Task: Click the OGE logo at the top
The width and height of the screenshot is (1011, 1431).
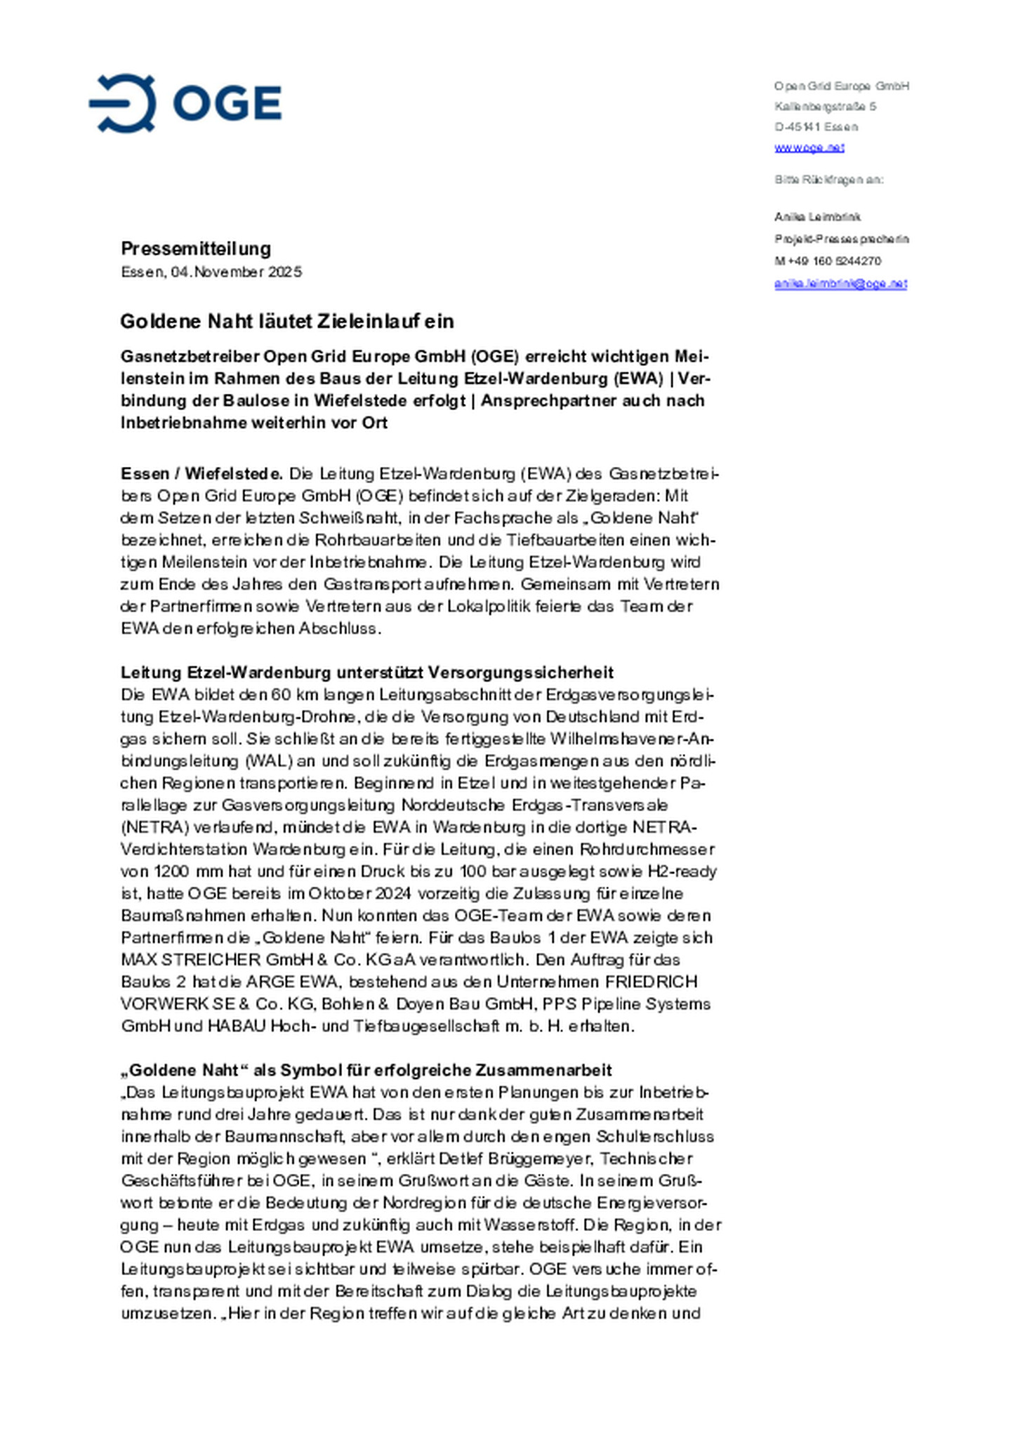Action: [x=185, y=103]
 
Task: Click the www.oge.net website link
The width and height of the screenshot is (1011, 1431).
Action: [x=809, y=147]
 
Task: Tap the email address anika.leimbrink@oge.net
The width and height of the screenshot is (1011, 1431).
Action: [x=840, y=284]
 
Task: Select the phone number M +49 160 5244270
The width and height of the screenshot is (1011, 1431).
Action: [x=827, y=261]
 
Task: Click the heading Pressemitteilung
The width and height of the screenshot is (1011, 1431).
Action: [x=196, y=249]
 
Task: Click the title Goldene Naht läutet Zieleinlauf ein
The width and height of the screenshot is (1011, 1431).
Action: [x=286, y=321]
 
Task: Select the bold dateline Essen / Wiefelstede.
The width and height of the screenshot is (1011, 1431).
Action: [x=201, y=473]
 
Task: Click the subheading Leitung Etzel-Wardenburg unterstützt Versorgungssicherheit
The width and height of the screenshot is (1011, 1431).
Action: [x=366, y=672]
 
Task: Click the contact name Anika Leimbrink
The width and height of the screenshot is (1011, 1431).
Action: [x=817, y=217]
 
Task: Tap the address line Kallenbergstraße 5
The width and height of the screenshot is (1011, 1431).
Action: [x=825, y=107]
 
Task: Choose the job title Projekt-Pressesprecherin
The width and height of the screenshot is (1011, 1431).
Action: [x=841, y=239]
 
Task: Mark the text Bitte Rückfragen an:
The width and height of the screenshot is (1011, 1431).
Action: [x=828, y=180]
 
